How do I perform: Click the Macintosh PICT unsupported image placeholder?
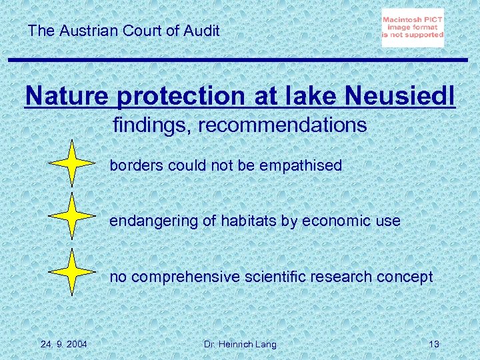(x=413, y=28)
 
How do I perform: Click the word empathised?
(x=301, y=165)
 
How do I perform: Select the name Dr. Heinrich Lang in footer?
(x=240, y=344)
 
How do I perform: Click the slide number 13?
(x=434, y=344)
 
